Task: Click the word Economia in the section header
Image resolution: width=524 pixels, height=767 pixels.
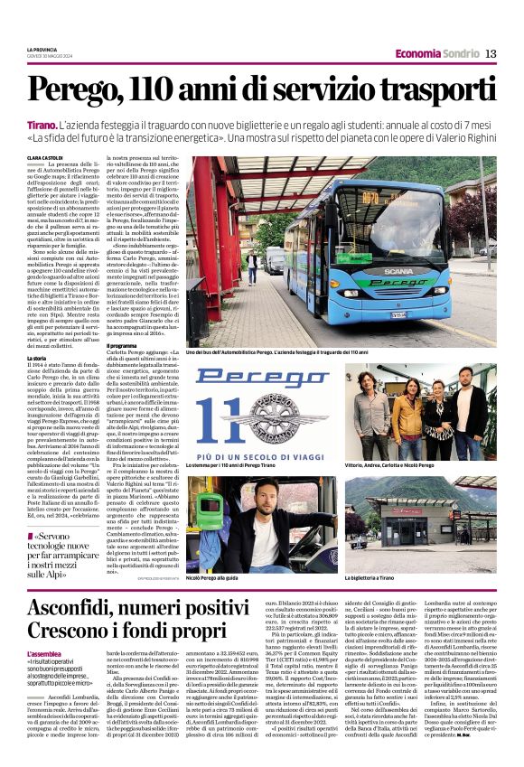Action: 418,53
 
